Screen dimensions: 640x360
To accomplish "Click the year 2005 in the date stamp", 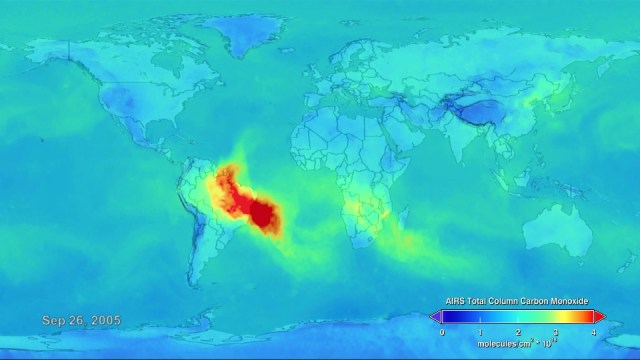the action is pos(104,320).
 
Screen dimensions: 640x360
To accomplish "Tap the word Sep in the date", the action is pos(52,320).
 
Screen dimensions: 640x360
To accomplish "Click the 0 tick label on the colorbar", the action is pos(442,331).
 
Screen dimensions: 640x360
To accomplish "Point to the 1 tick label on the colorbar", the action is pos(480,331).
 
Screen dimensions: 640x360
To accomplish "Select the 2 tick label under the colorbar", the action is pos(518,331).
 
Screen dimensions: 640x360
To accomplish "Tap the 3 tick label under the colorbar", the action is pos(556,331).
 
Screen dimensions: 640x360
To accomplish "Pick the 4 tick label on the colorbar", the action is pos(594,331).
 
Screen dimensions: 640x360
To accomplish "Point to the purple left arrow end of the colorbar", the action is pos(435,317).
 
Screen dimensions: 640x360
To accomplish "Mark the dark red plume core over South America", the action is pos(265,213).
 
